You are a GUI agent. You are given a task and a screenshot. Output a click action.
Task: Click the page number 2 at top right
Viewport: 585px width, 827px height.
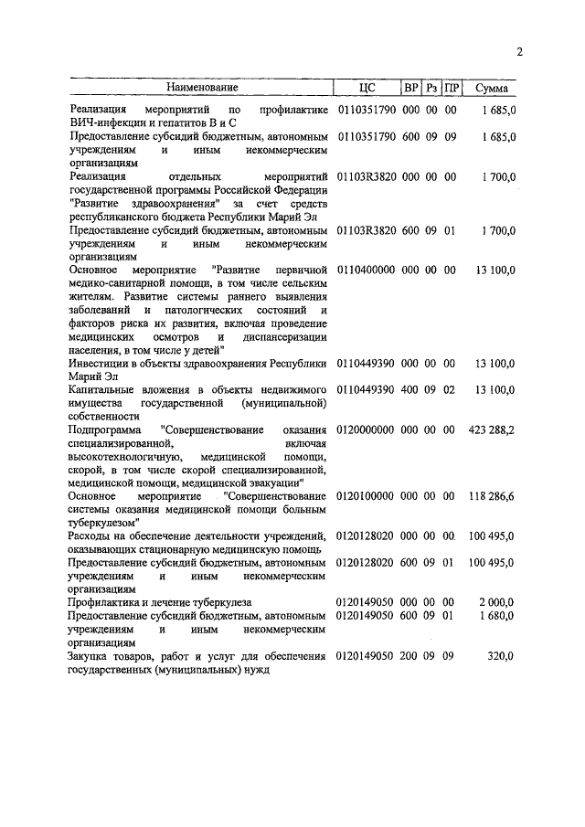click(x=519, y=52)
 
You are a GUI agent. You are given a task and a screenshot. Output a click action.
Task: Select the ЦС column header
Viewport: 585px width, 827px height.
click(x=367, y=88)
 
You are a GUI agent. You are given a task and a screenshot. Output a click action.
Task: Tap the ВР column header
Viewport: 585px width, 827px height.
click(x=411, y=88)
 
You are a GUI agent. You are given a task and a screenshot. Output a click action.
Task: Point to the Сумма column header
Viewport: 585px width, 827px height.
click(x=494, y=88)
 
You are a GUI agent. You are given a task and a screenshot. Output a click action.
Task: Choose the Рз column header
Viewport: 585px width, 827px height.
click(x=431, y=88)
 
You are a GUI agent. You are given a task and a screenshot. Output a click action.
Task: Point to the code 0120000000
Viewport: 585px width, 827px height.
click(x=365, y=429)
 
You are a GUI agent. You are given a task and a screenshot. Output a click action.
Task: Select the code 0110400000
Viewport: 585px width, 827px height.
click(x=365, y=270)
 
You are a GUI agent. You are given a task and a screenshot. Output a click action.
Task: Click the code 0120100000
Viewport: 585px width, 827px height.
click(x=365, y=495)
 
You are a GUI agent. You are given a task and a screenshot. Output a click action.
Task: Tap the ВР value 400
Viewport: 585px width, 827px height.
click(x=411, y=389)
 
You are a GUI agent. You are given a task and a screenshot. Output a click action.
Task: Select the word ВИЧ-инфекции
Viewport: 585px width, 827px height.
click(x=104, y=123)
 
